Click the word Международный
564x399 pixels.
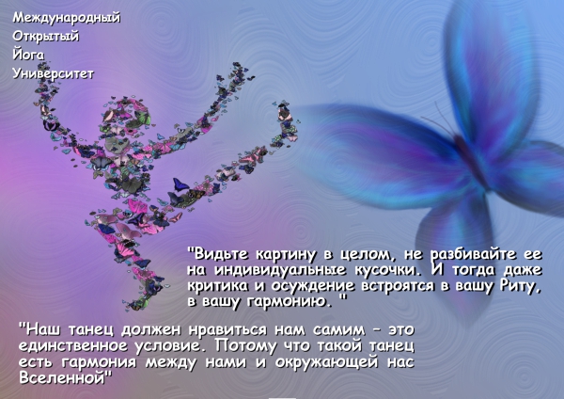click(x=67, y=18)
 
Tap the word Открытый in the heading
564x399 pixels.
click(x=46, y=37)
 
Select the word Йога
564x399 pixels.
click(x=28, y=55)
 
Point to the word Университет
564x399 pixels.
click(x=54, y=73)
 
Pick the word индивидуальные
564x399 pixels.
click(x=280, y=270)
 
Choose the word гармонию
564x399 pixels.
click(x=290, y=301)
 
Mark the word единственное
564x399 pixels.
click(x=73, y=346)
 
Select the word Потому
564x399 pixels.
click(x=246, y=346)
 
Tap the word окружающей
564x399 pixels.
click(x=326, y=362)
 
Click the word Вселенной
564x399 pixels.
click(x=63, y=377)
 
